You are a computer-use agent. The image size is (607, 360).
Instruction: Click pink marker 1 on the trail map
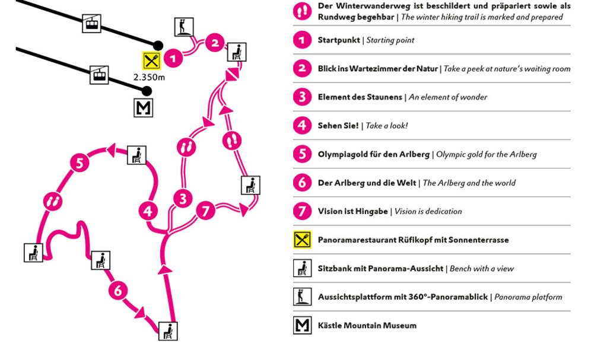click(173, 59)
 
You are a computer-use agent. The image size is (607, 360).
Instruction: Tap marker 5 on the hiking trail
click(80, 163)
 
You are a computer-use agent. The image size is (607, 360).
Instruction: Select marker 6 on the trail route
click(117, 291)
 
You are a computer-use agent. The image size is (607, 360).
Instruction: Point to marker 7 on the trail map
click(205, 211)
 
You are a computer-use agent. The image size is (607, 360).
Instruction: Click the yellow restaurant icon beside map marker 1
click(152, 60)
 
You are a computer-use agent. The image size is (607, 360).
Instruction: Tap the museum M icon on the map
click(143, 107)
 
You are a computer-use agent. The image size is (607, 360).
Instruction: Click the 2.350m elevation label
click(149, 78)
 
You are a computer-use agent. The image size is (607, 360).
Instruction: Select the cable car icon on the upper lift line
click(92, 24)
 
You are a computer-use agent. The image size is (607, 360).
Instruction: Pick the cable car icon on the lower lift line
click(99, 75)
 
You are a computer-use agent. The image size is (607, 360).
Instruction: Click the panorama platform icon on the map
click(184, 27)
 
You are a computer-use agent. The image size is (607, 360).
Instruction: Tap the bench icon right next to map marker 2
click(237, 52)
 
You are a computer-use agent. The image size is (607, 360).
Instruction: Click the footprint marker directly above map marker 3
click(186, 147)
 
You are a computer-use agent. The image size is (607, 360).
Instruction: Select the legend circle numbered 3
click(303, 97)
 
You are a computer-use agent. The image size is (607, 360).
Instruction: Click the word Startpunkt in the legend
click(339, 40)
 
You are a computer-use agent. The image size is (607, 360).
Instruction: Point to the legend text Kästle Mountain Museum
click(367, 326)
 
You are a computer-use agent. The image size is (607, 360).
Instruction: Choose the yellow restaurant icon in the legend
click(303, 240)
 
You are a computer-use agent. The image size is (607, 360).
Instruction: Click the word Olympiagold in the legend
click(343, 154)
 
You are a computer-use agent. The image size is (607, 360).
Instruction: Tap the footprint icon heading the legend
click(303, 11)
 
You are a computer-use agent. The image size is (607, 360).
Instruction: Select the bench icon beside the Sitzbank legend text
click(303, 268)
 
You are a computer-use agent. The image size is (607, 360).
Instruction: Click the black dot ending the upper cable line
click(158, 45)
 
